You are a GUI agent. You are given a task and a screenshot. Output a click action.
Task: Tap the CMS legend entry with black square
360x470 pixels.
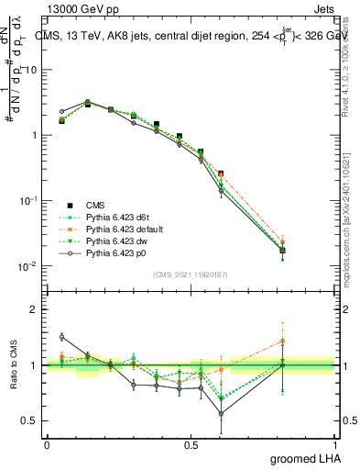(96, 205)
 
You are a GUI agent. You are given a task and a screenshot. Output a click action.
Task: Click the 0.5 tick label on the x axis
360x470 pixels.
(191, 445)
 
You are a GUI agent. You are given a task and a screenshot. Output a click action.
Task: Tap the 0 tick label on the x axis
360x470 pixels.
(47, 445)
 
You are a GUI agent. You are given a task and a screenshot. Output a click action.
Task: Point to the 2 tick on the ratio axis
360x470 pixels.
(33, 309)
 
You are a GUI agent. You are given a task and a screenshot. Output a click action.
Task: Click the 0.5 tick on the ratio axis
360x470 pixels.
(29, 420)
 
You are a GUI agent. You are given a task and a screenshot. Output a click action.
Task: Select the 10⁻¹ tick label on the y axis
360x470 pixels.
(27, 201)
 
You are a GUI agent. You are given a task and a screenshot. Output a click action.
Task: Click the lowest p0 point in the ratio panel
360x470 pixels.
(220, 413)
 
